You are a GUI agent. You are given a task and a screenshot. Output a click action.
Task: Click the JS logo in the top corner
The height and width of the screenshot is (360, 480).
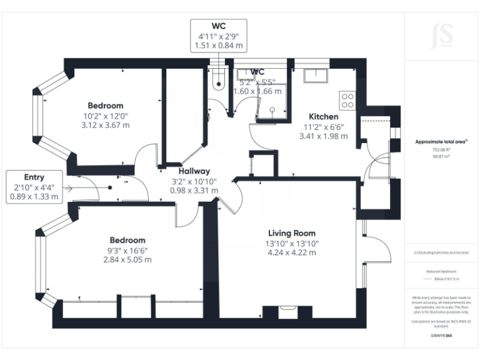point(442,36)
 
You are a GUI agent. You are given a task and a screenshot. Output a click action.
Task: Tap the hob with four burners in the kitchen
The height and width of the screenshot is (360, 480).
point(347,99)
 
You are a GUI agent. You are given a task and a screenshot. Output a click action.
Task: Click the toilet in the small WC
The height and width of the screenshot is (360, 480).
point(218,81)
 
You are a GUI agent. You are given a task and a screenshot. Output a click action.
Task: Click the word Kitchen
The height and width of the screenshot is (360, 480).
point(324,116)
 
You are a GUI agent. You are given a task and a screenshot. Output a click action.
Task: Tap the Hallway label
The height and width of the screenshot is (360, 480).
point(194,171)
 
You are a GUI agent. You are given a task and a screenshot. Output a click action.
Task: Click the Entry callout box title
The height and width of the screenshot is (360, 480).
point(34,177)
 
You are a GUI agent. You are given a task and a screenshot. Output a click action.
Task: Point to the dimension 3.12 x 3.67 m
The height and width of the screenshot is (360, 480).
point(105,125)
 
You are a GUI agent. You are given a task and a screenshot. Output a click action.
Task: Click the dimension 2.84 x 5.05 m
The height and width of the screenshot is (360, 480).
point(127,259)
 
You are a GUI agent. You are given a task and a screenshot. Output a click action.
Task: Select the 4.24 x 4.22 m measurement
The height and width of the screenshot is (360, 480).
point(292,252)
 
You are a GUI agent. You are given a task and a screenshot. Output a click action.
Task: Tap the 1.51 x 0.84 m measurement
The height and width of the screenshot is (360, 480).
point(218,46)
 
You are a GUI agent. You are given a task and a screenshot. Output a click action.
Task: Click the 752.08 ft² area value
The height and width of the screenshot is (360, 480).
point(442,150)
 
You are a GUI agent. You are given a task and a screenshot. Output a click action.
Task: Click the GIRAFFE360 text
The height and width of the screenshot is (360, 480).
point(442,336)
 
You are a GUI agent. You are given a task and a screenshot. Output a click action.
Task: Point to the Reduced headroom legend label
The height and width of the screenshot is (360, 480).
point(442,272)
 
